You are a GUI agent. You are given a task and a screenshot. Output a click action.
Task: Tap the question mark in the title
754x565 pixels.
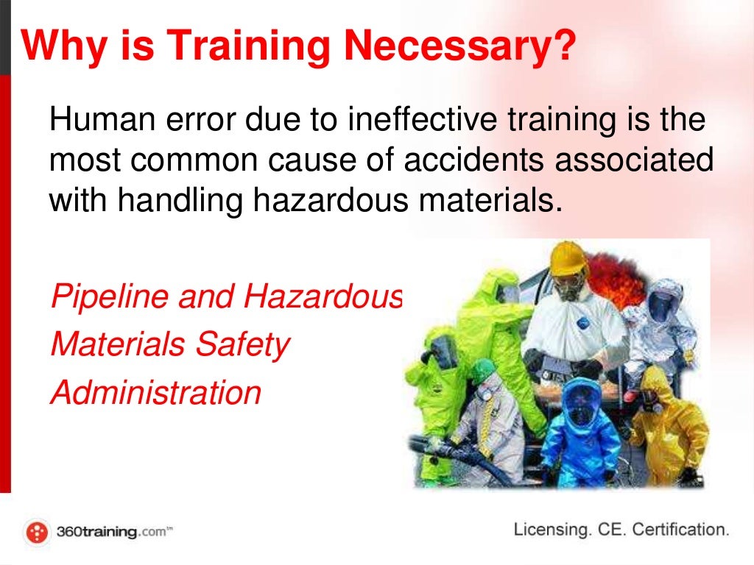coord(563,46)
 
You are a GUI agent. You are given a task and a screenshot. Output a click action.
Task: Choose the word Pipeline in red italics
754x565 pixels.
coord(99,297)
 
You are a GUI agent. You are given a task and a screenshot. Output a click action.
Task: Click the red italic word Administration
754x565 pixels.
coord(155,392)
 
